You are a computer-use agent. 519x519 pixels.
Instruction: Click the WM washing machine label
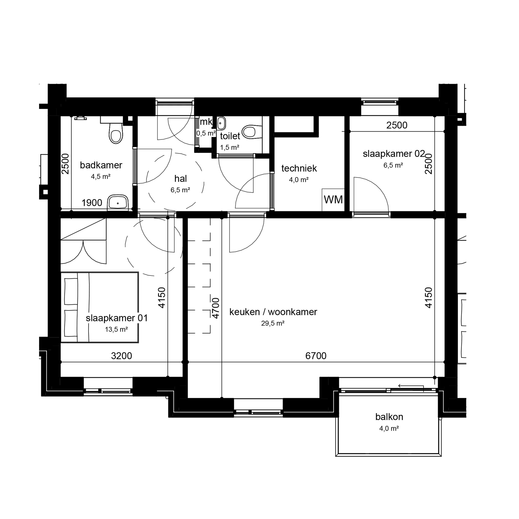point(333,200)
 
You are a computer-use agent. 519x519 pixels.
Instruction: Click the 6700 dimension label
point(316,356)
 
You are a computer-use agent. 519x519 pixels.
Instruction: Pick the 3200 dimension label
point(121,356)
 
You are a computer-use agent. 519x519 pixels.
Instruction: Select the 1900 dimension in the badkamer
point(92,203)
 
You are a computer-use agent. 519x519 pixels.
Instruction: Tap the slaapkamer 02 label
point(394,154)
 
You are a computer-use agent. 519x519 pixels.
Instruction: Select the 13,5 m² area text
point(116,329)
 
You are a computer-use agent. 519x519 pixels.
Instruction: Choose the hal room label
point(180,178)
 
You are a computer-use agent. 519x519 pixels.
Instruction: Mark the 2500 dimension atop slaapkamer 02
point(397,125)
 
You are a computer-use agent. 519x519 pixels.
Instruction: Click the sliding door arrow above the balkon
point(411,386)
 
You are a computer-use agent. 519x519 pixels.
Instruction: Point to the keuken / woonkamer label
point(273,312)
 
